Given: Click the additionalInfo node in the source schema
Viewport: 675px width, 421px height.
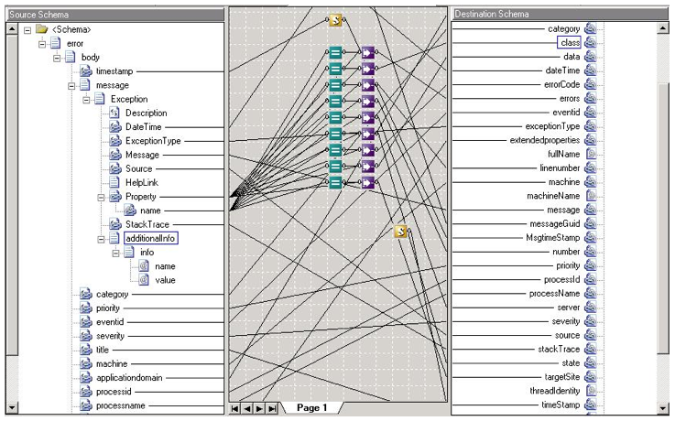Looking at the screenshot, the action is click(x=151, y=238).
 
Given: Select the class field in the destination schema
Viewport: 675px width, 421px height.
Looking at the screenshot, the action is click(x=569, y=43).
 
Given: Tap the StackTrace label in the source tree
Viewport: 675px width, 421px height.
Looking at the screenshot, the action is click(x=147, y=224).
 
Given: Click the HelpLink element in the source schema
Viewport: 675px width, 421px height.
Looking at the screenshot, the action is click(x=142, y=182).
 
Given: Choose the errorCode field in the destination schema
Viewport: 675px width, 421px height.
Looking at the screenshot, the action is click(x=561, y=84).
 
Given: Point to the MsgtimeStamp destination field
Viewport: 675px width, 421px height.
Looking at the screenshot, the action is click(x=553, y=238).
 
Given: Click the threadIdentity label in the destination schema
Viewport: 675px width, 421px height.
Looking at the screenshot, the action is click(x=555, y=391).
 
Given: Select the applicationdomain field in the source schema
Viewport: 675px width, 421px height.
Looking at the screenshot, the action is click(x=129, y=378).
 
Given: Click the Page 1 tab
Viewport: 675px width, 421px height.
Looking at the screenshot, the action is click(x=311, y=407).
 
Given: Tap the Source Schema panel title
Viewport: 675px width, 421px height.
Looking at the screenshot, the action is click(x=38, y=15).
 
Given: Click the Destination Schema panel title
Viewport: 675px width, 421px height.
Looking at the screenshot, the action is click(x=491, y=15).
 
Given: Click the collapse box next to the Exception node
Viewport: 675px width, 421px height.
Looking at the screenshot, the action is click(x=86, y=100).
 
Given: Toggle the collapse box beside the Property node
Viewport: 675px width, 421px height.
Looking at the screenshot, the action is click(x=101, y=197).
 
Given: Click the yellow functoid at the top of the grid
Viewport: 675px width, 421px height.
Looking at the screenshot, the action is click(x=335, y=20).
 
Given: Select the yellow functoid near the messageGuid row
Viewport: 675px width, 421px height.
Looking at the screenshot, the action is click(x=401, y=232).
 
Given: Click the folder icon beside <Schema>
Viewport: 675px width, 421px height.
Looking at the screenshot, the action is click(x=42, y=29).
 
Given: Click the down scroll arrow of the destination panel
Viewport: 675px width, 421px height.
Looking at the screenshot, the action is click(x=663, y=407).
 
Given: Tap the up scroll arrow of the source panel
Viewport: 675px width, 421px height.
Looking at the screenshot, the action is click(x=12, y=29).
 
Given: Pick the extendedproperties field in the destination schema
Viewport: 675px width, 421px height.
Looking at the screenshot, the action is click(x=545, y=140).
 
